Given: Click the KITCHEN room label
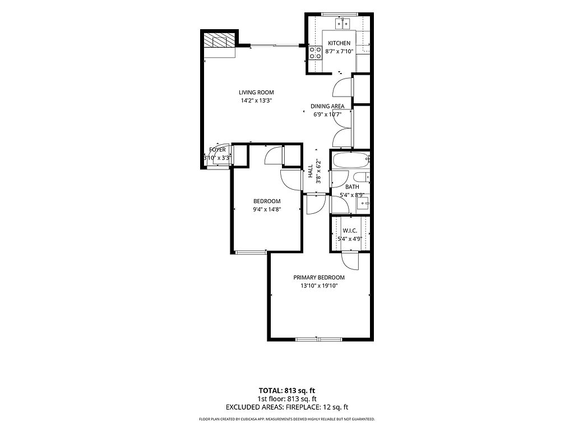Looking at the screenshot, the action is (x=339, y=43).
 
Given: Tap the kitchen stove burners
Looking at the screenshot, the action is (x=315, y=53).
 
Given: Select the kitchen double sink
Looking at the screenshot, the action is (x=342, y=24).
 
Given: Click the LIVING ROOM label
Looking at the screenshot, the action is (x=256, y=93).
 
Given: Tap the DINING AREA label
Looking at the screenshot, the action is (x=327, y=106).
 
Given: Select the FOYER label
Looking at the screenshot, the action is (x=217, y=150).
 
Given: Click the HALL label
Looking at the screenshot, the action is (x=311, y=171).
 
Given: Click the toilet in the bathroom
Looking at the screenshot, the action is (x=362, y=177).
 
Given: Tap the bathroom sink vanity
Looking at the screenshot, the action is (x=363, y=203).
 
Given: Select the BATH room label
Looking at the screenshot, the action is (x=352, y=187).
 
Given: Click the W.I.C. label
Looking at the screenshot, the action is (x=350, y=231).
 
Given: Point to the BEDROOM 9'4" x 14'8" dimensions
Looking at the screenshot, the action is (x=267, y=210).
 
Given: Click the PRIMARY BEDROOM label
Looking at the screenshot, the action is (x=319, y=278).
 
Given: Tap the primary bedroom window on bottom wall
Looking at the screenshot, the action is (x=319, y=340).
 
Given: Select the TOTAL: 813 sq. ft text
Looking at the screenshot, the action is (x=287, y=391).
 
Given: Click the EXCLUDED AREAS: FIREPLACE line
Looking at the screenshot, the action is (x=287, y=407).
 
